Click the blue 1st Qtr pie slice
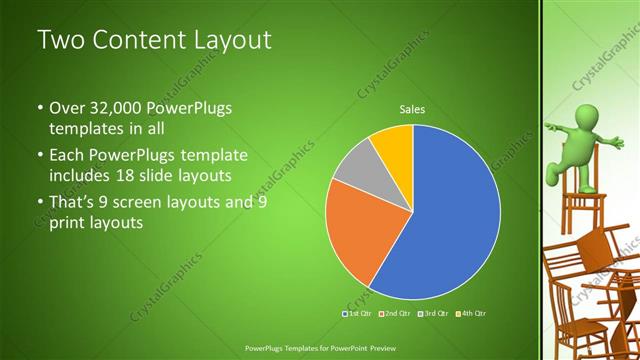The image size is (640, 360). (x=450, y=220)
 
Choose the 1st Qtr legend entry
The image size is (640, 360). (x=359, y=314)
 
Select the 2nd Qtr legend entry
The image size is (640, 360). (x=397, y=314)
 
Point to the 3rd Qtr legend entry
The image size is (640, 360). (x=435, y=314)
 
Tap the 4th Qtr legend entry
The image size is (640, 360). (x=472, y=314)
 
